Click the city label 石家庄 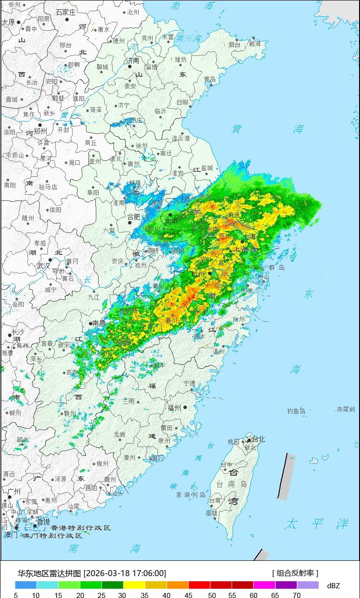pos(66,13)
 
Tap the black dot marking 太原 pos(19,22)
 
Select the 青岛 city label pos(210,80)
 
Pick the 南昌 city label pos(99,323)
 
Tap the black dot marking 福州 pos(186,407)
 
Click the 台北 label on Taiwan pos(257,439)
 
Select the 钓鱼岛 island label pos(296,411)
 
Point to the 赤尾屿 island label pos(346,409)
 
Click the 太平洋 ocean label pos(317,524)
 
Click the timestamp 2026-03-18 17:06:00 pos(125,573)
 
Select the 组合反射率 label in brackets pos(295,573)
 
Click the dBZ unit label pos(333,585)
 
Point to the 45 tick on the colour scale pos(189,595)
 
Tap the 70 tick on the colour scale pos(296,595)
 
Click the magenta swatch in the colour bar pos(264,585)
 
